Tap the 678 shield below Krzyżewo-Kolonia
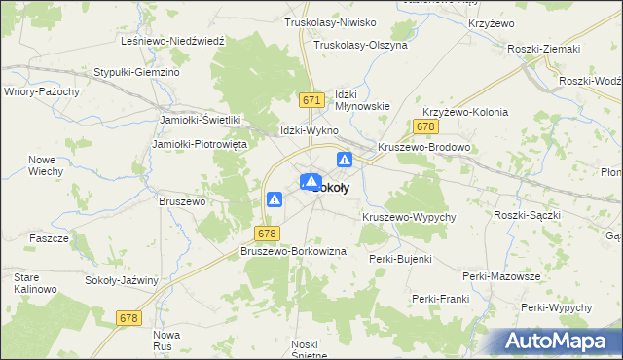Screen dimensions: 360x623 pyautogui.click(x=424, y=127)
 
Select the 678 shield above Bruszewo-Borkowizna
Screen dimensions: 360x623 pyautogui.click(x=269, y=234)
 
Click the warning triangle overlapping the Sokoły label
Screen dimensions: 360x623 pyautogui.click(x=311, y=182)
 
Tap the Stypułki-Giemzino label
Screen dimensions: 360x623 pyautogui.click(x=136, y=72)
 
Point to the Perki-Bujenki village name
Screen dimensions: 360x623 pyautogui.click(x=400, y=259)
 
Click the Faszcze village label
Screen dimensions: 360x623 pyautogui.click(x=49, y=238)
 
